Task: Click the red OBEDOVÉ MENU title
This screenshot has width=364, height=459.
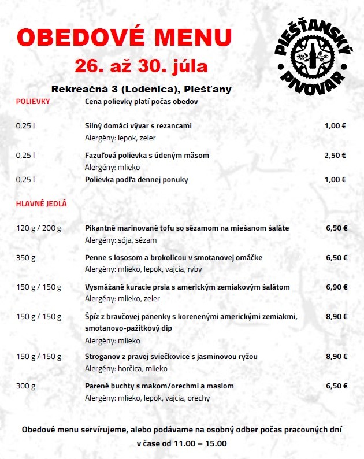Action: tap(124, 38)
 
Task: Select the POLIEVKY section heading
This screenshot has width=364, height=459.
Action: tap(32, 102)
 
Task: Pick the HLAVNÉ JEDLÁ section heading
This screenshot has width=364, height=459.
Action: tap(41, 203)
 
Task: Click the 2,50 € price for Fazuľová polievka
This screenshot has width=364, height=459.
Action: tap(335, 155)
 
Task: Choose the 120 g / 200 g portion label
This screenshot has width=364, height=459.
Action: tap(39, 228)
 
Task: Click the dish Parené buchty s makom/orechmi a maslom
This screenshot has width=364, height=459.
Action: tap(159, 386)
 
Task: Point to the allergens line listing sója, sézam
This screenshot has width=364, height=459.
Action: tap(121, 240)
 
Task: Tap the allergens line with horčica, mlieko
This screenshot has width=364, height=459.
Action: tap(126, 368)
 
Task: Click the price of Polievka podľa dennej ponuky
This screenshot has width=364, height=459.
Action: tap(335, 179)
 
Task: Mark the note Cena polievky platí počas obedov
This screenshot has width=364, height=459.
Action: tap(142, 102)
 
